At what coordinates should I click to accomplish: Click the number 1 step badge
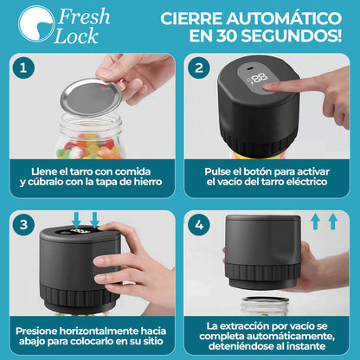(26, 69)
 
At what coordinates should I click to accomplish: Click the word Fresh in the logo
(80, 16)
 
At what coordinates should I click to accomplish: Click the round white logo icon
(35, 26)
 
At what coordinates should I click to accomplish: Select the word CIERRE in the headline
(177, 18)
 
